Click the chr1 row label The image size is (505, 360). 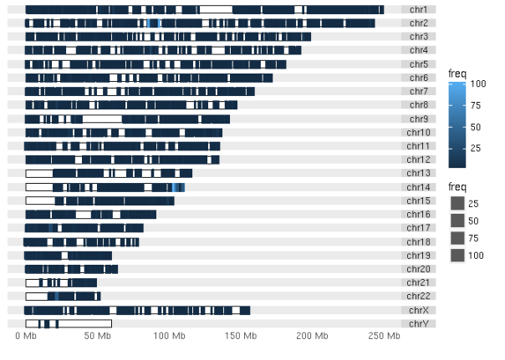tap(419, 9)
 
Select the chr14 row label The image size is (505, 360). tap(419, 187)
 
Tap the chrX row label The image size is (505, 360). tap(419, 310)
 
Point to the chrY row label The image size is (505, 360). tap(419, 323)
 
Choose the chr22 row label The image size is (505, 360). tap(419, 296)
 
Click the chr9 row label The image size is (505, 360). tap(419, 119)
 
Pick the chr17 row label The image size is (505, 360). tap(419, 228)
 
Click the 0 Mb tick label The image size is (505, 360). tap(26, 336)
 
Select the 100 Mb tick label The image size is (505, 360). tap(171, 336)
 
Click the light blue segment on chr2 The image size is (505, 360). tap(153, 23)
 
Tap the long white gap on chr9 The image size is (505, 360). tap(102, 119)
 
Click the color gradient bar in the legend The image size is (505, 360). tap(457, 125)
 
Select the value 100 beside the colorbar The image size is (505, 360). tap(477, 84)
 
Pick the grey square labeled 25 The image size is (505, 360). tap(457, 204)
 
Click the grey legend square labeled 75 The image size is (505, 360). tap(457, 238)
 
